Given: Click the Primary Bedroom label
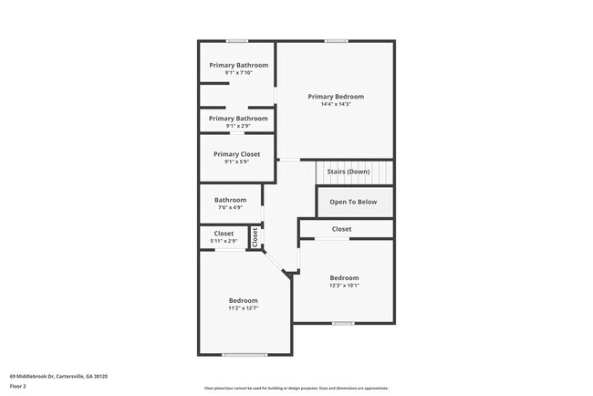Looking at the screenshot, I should [x=336, y=96].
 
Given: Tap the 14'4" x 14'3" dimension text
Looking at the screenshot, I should [x=336, y=104].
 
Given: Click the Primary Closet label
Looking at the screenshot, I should [x=237, y=154].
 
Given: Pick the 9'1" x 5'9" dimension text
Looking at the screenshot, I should [x=237, y=162].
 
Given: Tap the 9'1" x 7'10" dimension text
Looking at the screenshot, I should [x=238, y=73].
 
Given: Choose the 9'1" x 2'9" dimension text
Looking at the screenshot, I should [x=238, y=126].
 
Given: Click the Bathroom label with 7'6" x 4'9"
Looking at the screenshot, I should [x=231, y=200].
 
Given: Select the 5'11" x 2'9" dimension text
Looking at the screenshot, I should [x=224, y=241].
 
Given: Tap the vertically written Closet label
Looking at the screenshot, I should [x=255, y=236].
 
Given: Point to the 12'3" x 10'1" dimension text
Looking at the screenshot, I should [x=344, y=286].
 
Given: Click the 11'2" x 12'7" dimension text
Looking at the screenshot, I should [x=243, y=308].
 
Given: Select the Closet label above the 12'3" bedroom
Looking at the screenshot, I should [x=341, y=229].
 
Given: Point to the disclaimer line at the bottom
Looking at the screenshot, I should [x=296, y=388].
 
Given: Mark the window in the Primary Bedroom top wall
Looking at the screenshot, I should [x=337, y=40].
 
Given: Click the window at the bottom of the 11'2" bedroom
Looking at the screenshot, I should [x=244, y=355].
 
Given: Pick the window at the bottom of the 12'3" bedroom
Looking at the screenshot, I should [x=343, y=323].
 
